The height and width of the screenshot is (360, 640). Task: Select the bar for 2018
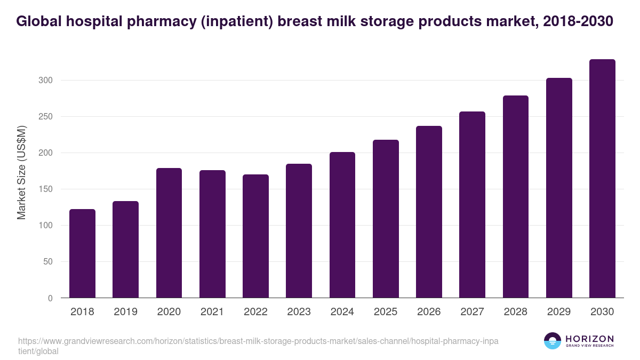(82, 253)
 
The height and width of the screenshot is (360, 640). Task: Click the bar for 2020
(169, 233)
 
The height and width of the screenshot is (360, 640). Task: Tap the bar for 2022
(255, 236)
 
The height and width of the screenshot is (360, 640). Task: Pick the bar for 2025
(386, 219)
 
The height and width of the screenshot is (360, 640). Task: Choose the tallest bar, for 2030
(602, 179)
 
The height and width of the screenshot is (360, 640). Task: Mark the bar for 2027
(472, 205)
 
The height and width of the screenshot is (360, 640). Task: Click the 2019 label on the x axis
(125, 312)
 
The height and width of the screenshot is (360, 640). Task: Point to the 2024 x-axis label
(342, 312)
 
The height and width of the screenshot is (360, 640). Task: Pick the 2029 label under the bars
(559, 312)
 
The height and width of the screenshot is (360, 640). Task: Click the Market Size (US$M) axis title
(21, 172)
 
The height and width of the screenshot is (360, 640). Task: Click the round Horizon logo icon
(553, 341)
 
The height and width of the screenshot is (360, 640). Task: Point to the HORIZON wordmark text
(589, 339)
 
